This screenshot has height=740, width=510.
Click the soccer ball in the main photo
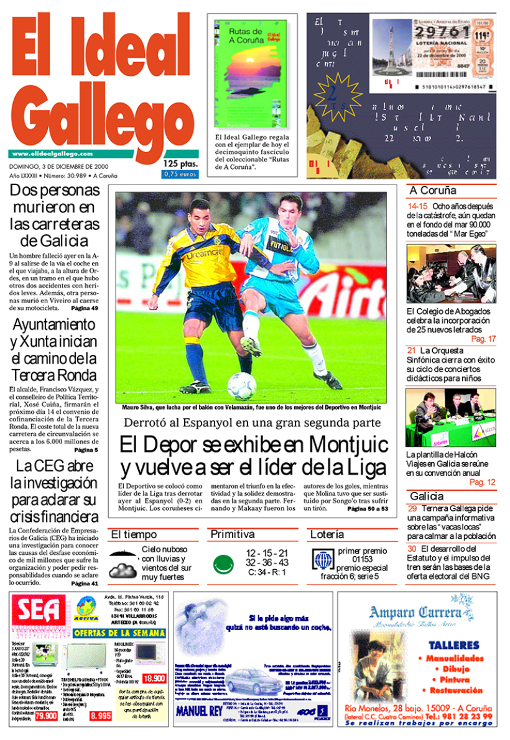click(x=241, y=385)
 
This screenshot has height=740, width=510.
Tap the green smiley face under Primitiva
click(x=222, y=564)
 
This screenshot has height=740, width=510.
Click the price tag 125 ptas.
click(x=180, y=163)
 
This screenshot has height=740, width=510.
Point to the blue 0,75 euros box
click(x=180, y=175)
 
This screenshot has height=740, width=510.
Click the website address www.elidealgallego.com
click(x=52, y=153)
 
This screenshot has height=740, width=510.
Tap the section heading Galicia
click(x=427, y=496)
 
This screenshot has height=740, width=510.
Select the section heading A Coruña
click(x=433, y=191)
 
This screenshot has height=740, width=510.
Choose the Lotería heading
click(x=327, y=534)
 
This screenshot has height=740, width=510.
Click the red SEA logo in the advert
click(x=39, y=613)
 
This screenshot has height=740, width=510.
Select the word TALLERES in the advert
click(x=454, y=645)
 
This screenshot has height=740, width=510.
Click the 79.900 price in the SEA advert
click(x=46, y=716)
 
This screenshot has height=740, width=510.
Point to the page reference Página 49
click(x=85, y=308)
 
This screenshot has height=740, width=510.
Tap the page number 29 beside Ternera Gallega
click(x=412, y=508)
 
